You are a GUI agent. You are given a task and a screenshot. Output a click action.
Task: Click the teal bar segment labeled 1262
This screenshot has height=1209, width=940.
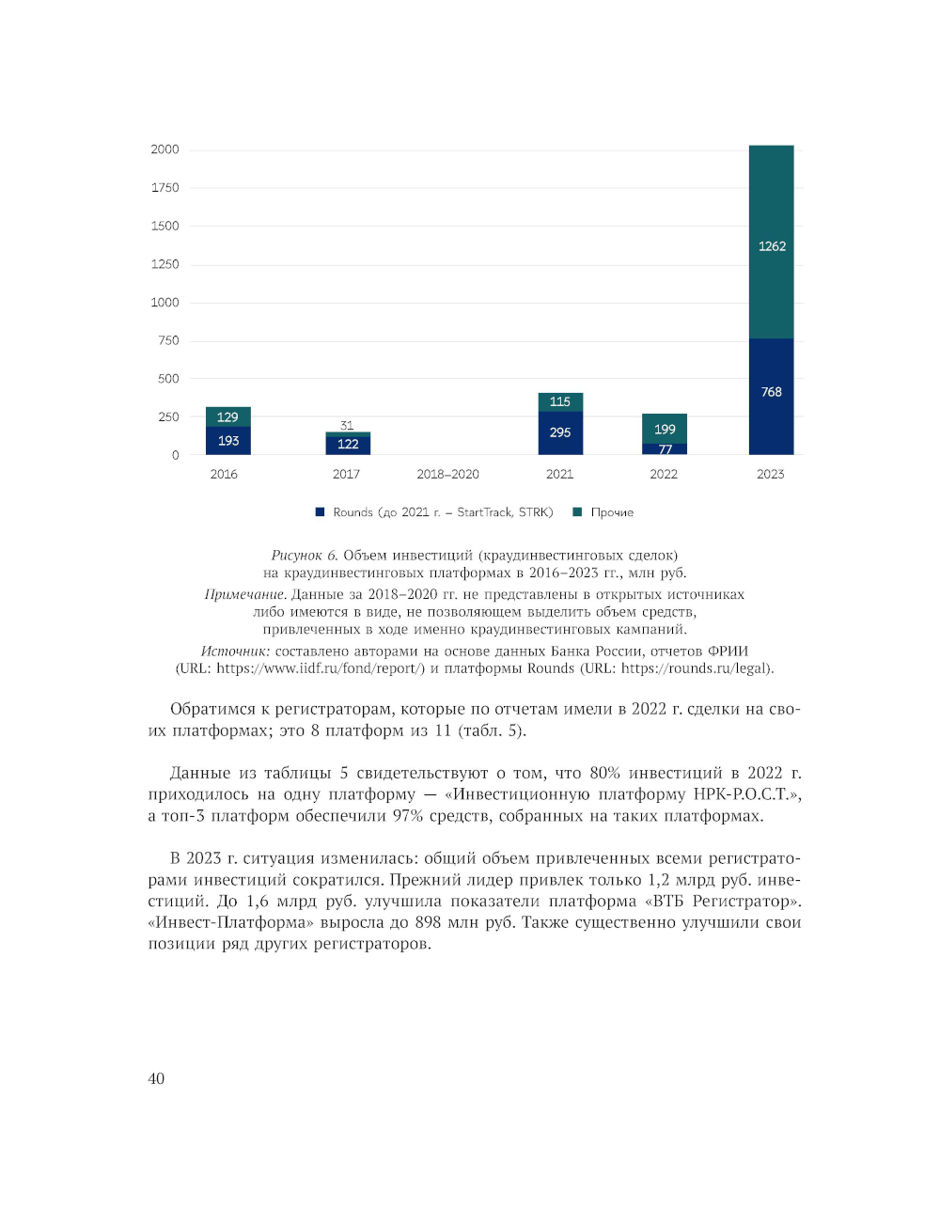(x=771, y=243)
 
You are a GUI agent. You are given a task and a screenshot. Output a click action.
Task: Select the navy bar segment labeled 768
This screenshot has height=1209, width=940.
(x=771, y=396)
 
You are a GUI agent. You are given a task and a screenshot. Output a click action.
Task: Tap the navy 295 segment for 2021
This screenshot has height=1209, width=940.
(x=560, y=433)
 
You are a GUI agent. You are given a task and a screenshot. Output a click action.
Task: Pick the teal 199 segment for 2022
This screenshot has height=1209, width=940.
(x=665, y=429)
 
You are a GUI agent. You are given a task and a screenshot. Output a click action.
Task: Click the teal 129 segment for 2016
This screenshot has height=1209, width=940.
(x=227, y=416)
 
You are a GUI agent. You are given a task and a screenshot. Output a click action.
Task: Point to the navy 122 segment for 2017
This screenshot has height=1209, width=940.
(x=348, y=445)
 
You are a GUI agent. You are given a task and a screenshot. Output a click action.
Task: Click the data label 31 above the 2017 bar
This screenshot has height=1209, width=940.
(x=347, y=426)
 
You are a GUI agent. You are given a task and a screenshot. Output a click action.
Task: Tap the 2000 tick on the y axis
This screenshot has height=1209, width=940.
(x=164, y=149)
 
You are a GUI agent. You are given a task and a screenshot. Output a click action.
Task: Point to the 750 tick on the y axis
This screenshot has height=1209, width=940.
(x=168, y=340)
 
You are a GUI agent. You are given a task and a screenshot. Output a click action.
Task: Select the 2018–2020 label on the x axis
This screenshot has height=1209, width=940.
(x=447, y=475)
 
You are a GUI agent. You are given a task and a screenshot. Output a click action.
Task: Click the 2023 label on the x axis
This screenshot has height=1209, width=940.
(x=770, y=475)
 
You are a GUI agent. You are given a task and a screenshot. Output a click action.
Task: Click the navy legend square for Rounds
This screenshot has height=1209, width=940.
(x=321, y=512)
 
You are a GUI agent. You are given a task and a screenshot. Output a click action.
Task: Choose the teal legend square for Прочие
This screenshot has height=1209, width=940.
(x=577, y=512)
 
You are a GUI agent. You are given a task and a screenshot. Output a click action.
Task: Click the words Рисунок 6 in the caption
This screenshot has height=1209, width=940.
(x=304, y=556)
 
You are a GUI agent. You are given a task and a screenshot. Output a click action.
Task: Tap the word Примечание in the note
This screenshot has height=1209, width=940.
(x=244, y=594)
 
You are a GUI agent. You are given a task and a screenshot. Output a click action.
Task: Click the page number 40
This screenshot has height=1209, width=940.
(x=156, y=1078)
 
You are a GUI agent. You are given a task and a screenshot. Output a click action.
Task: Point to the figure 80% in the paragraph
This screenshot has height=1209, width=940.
(x=605, y=773)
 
